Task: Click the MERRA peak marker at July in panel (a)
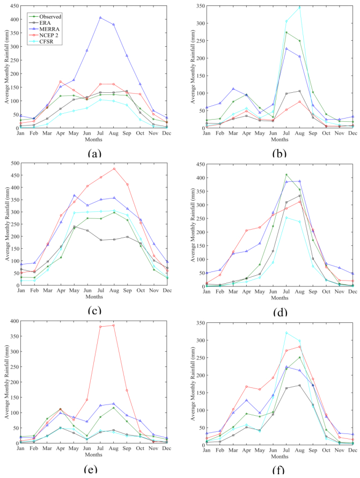(100, 17)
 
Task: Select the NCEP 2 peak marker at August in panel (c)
(114, 168)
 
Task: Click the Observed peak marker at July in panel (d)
(286, 174)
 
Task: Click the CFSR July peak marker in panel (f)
(286, 333)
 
